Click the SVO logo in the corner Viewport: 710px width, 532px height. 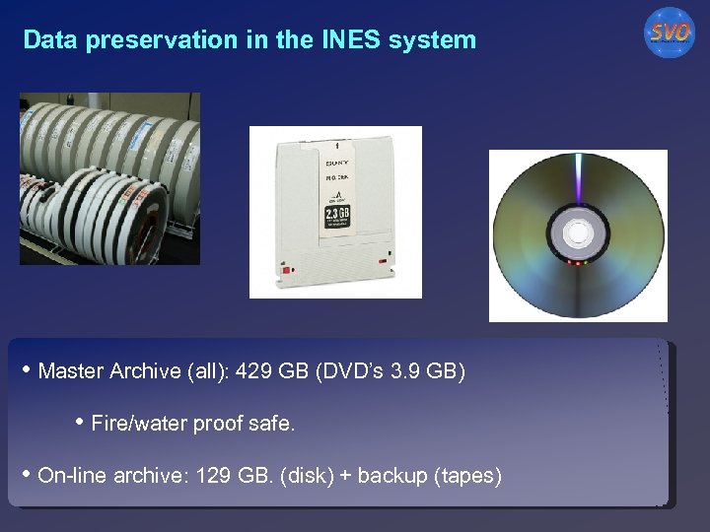(669, 33)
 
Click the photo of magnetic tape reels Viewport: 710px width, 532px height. (109, 178)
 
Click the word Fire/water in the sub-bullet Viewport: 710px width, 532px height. (131, 424)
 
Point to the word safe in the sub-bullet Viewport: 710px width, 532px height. (275, 424)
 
